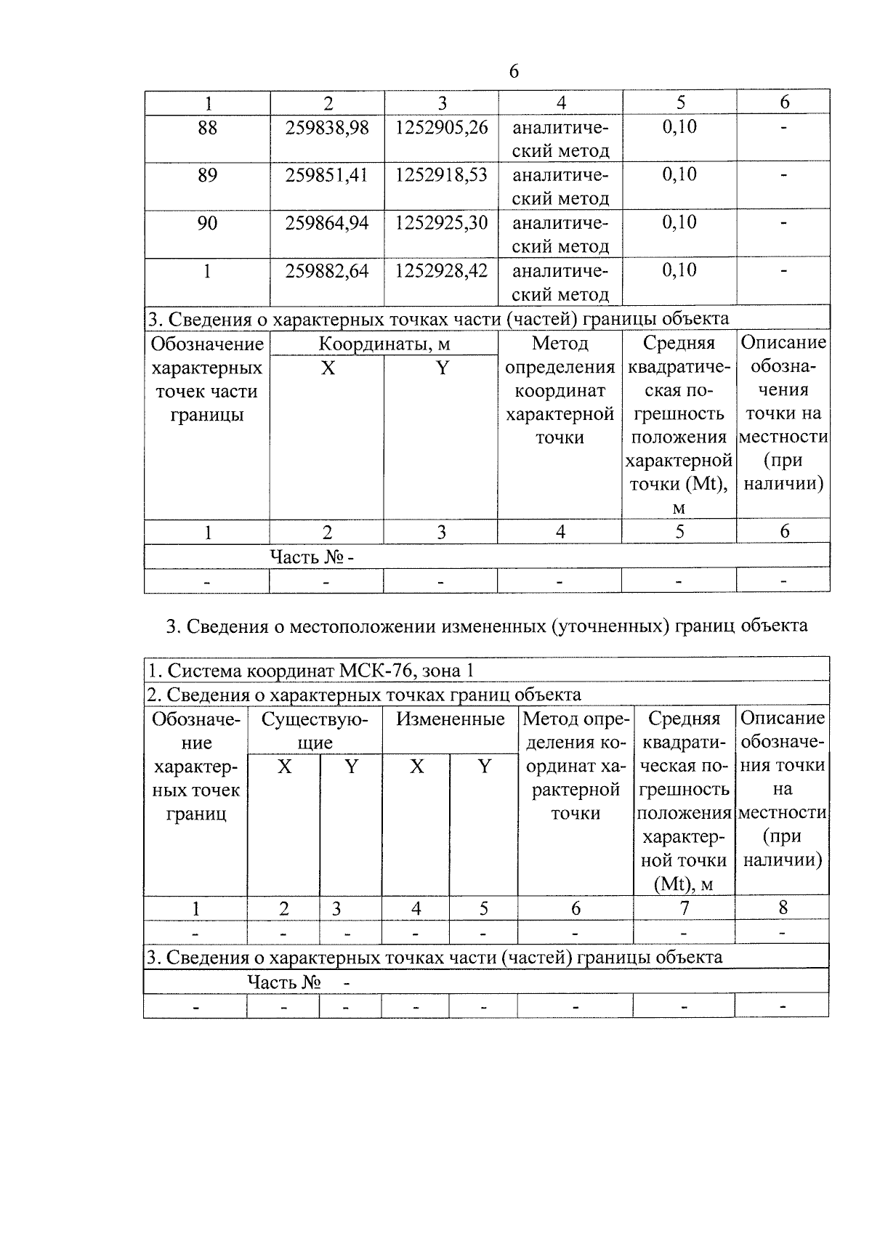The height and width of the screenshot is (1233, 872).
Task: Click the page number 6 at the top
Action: [514, 71]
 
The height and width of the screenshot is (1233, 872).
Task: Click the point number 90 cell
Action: [207, 223]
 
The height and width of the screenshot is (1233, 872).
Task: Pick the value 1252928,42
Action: [441, 271]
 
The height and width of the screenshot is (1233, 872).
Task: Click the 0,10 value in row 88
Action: [679, 127]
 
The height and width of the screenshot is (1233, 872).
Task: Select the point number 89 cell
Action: [207, 175]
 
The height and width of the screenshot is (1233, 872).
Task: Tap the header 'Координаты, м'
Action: [384, 344]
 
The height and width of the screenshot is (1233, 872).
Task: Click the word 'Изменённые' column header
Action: [450, 719]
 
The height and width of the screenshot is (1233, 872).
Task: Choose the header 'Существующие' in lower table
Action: [315, 731]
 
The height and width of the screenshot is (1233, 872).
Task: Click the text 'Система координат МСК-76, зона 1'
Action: [311, 670]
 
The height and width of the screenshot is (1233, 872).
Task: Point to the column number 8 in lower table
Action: [783, 907]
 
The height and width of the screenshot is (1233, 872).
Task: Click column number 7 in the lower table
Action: [684, 907]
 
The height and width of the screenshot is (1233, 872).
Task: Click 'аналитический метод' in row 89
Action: [560, 187]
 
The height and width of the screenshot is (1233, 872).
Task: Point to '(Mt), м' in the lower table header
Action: [684, 884]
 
